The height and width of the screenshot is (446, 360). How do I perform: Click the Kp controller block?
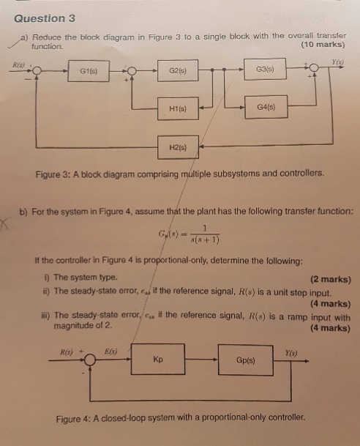point(158,360)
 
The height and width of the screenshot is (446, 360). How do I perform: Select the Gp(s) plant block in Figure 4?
point(245,360)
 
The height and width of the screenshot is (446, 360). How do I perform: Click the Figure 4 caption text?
point(180,418)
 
